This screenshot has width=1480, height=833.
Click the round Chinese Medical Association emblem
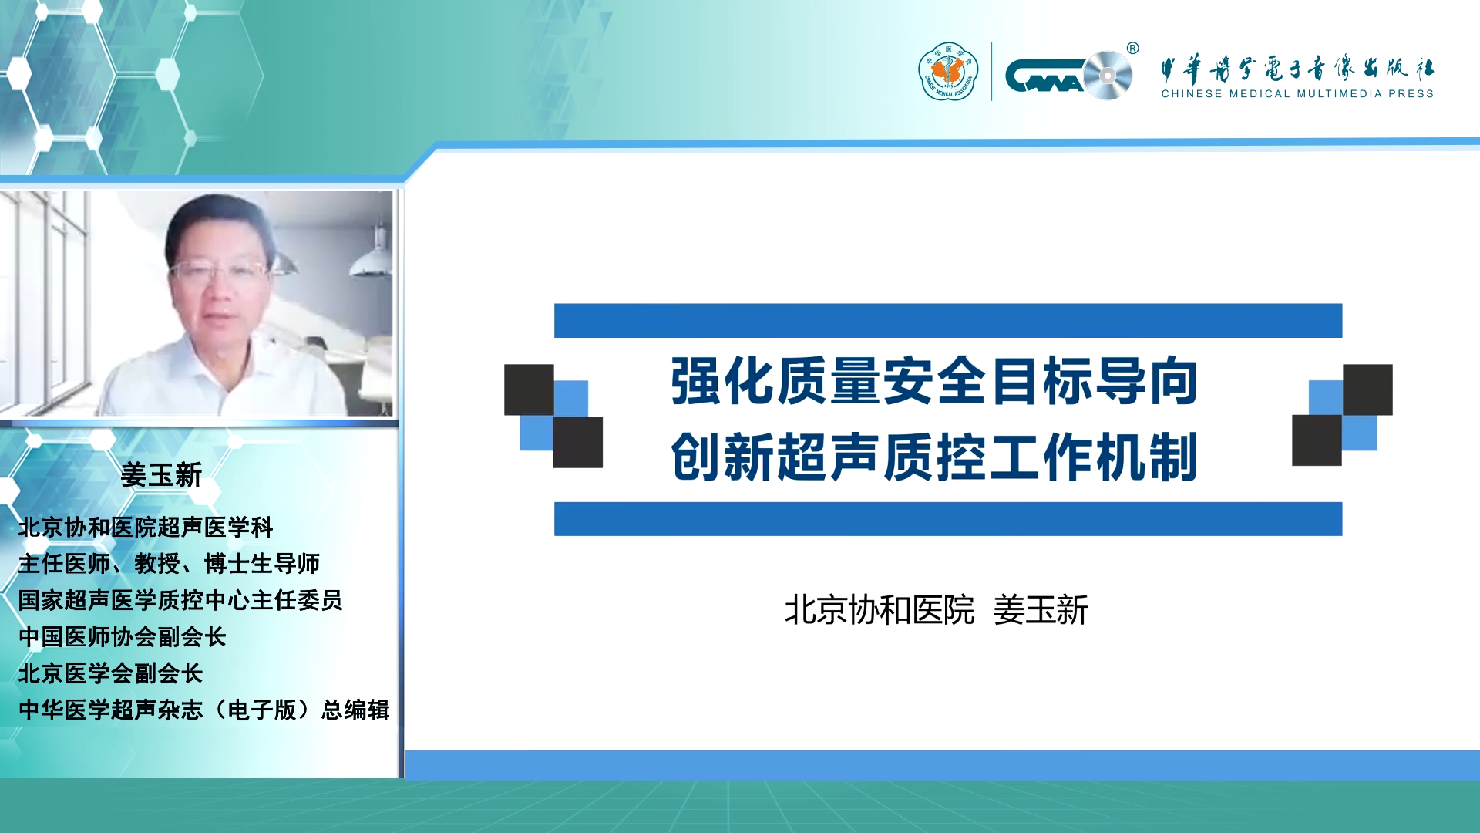[948, 72]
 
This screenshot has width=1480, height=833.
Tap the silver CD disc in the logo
[1108, 76]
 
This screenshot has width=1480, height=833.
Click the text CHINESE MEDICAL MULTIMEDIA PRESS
[1297, 94]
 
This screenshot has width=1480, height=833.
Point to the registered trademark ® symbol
[1132, 49]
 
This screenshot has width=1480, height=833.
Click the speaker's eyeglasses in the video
[218, 271]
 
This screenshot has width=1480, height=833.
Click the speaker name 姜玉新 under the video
[161, 475]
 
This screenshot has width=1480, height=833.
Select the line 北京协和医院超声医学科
[146, 528]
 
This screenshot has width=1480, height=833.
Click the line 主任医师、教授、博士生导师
[169, 564]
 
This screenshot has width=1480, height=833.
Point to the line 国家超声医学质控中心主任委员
[180, 600]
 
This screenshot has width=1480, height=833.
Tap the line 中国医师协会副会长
[122, 637]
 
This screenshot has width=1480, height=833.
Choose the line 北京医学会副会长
[110, 673]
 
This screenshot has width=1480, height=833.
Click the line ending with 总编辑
[204, 710]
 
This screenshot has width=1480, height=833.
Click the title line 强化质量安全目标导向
[934, 381]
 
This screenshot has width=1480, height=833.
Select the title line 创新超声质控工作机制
[934, 457]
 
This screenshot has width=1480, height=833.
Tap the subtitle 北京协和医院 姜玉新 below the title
[936, 610]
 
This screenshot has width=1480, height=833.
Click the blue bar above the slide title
[948, 321]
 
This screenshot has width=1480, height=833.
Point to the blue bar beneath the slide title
[948, 519]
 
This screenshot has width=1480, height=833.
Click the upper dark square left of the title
[529, 390]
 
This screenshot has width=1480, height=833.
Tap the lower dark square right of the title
[1317, 440]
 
